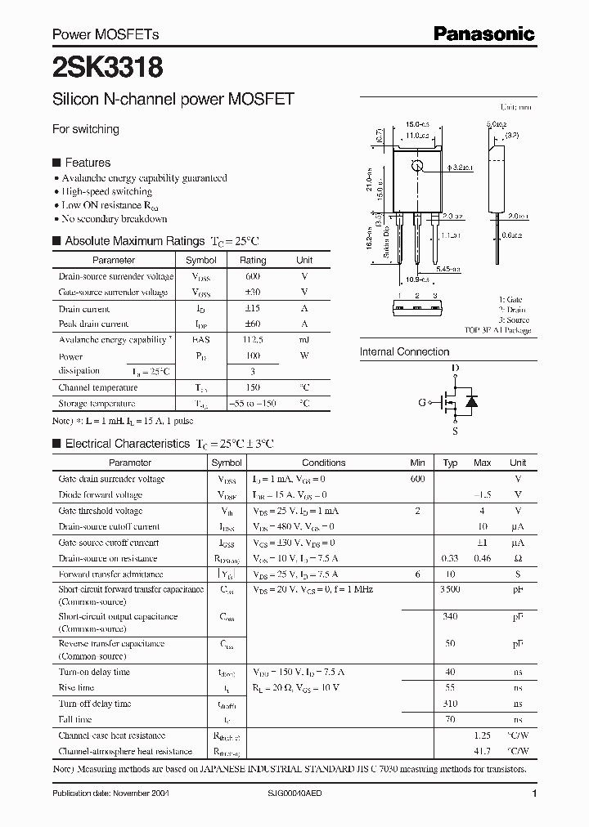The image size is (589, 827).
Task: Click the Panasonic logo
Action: pos(483,34)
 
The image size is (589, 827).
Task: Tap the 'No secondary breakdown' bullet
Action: pos(115,219)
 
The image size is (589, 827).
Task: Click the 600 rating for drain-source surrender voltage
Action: pos(253,277)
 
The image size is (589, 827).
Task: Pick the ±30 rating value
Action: pos(253,292)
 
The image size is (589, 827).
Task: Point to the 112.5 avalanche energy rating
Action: pos(253,339)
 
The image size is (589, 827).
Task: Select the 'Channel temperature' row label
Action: pos(98,387)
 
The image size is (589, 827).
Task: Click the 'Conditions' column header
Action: pos(324,463)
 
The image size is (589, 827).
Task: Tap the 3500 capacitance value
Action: pos(450,588)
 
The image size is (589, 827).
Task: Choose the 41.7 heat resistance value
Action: pos(483,751)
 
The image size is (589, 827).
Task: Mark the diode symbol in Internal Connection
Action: pos(470,401)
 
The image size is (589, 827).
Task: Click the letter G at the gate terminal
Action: pos(422,402)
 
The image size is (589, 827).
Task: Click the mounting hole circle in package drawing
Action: pos(417,167)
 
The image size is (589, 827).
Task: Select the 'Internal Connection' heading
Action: pos(404,352)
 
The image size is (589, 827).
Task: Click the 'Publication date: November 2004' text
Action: pos(110,793)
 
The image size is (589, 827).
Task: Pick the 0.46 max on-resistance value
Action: pos(483,558)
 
